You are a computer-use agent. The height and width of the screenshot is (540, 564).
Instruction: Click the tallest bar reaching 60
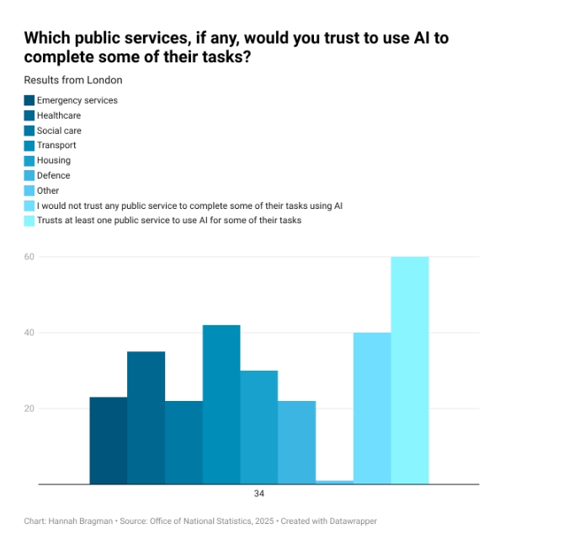410,371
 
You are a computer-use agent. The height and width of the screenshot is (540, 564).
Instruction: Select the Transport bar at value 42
221,404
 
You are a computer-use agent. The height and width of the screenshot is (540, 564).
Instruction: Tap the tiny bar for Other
334,482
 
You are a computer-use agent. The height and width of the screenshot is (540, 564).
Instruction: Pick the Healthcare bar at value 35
146,418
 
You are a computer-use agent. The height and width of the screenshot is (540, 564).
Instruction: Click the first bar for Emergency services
108,441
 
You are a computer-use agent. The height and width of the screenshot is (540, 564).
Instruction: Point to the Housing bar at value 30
258,427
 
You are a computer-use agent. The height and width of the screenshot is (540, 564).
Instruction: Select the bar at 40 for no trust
372,409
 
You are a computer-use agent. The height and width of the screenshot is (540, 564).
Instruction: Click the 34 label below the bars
258,494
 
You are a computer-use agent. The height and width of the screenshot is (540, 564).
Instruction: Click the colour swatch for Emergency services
29,100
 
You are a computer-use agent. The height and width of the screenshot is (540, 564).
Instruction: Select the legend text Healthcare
59,115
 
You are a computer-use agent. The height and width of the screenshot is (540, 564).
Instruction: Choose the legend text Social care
59,131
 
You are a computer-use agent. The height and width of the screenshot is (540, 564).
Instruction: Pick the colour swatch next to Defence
29,175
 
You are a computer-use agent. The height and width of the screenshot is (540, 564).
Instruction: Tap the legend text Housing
54,160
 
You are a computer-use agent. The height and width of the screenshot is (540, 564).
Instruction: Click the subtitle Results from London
73,80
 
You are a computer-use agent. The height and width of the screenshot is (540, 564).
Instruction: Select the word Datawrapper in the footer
354,521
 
